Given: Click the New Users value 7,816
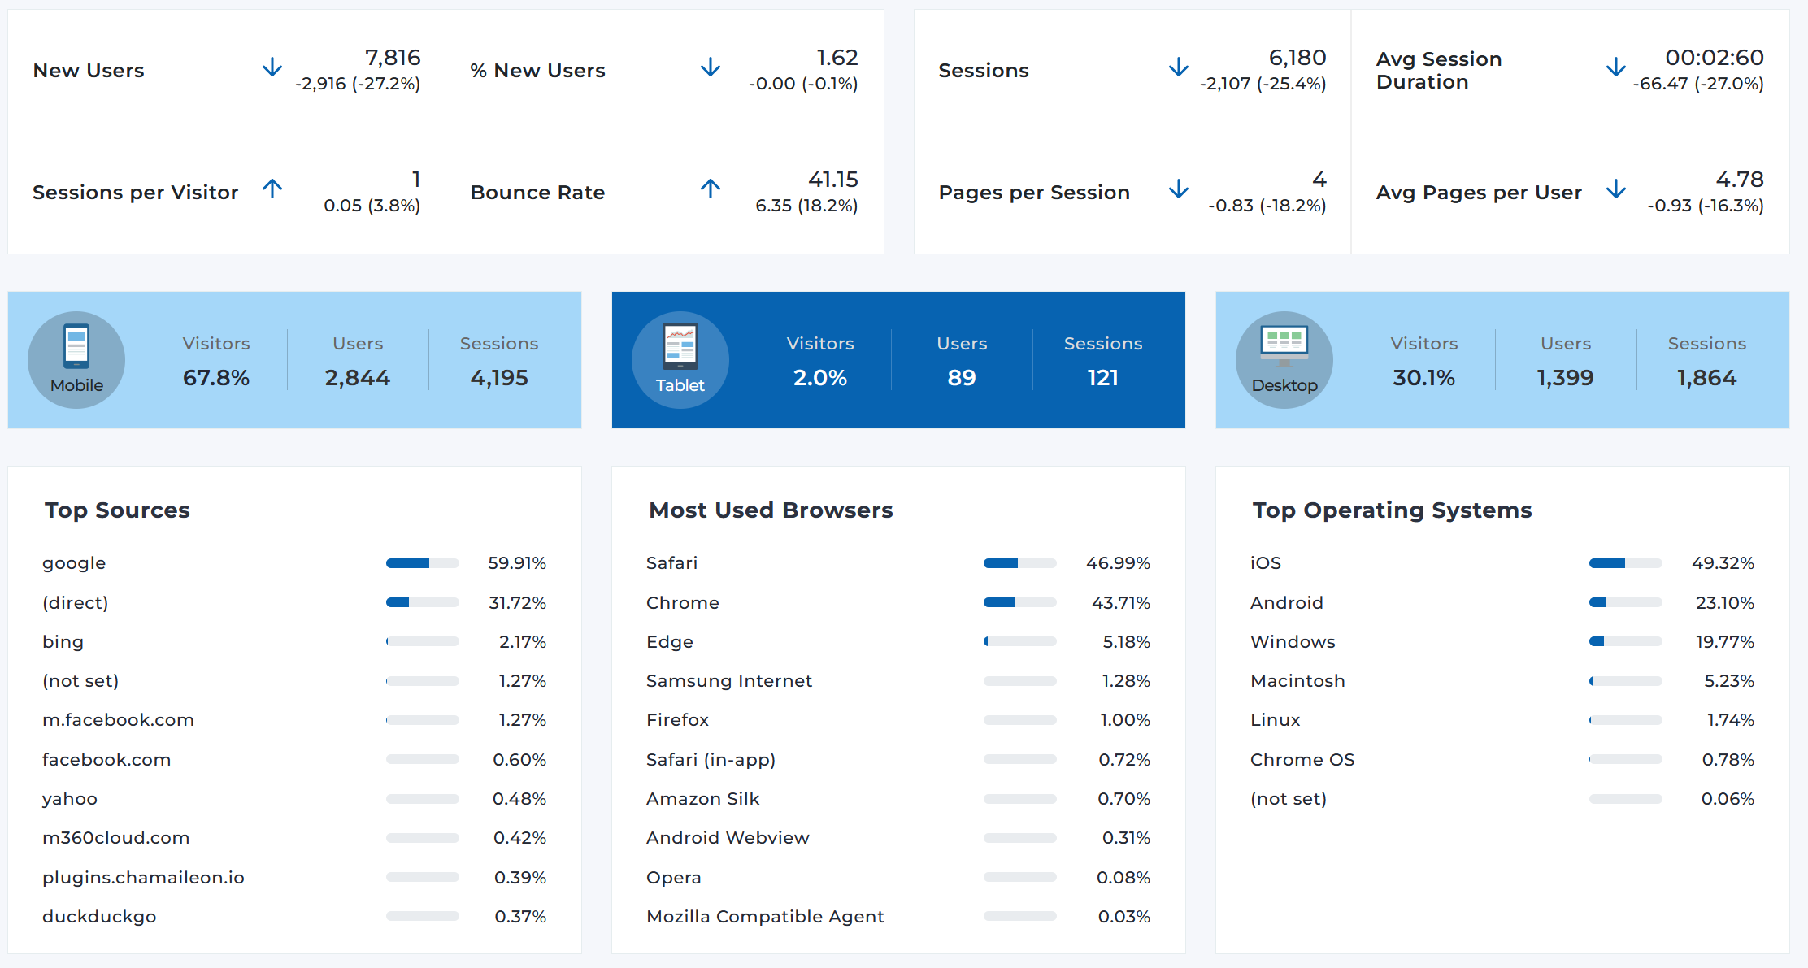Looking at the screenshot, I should [393, 58].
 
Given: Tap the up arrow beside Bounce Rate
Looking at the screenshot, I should [711, 189].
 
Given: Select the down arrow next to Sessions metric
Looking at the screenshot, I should [1178, 67].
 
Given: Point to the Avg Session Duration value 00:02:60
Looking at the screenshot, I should [1714, 58].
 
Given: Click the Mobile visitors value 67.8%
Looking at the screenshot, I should [216, 378].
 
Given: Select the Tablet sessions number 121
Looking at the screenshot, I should [1102, 378].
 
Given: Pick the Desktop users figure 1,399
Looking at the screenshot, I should [1565, 378].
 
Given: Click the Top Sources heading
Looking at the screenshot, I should [117, 510].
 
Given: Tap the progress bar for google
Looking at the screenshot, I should [422, 563].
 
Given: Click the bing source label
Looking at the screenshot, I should [63, 642].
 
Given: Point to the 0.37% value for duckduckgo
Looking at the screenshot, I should [520, 917].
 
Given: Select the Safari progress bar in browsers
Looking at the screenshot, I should [1019, 563].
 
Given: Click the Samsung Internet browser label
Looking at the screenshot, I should [729, 681].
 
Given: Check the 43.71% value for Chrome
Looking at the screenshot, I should [1120, 603].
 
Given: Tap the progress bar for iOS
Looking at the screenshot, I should [1625, 563].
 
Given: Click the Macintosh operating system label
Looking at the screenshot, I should [1297, 681].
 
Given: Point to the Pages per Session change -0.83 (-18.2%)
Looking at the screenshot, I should [1267, 206].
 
